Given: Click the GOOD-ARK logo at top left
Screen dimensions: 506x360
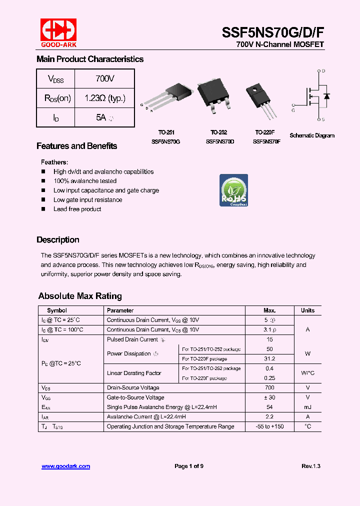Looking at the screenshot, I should click(x=58, y=31).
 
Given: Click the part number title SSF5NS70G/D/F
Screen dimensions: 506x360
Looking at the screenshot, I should click(x=272, y=32).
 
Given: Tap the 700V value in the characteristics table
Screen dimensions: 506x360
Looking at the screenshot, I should click(x=104, y=79).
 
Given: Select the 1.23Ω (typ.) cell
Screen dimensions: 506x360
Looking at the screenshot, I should click(x=104, y=98).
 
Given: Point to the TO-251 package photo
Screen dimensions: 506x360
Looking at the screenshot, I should click(x=169, y=100).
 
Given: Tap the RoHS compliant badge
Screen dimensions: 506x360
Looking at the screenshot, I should click(x=234, y=190).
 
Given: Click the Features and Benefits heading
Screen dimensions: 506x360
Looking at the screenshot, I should click(x=76, y=146).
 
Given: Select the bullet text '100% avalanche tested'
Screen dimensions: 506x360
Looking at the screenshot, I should click(x=85, y=181).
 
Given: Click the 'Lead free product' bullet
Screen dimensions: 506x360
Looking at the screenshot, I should click(x=77, y=209).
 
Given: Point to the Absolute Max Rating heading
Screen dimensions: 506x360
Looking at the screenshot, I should click(x=80, y=296).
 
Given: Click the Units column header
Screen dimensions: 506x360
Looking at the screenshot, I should click(x=307, y=310).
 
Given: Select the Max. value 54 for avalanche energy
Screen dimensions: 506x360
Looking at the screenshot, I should click(x=269, y=407).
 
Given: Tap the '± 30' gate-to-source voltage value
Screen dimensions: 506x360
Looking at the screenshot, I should click(x=269, y=397).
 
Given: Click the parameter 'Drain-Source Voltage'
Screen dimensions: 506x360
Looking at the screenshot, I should click(x=133, y=387).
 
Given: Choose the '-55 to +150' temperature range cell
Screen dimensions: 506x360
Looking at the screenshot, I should click(x=269, y=426).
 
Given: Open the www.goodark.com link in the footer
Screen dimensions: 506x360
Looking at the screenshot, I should click(x=65, y=466).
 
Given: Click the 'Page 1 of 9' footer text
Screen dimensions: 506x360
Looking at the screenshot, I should click(x=189, y=466).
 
